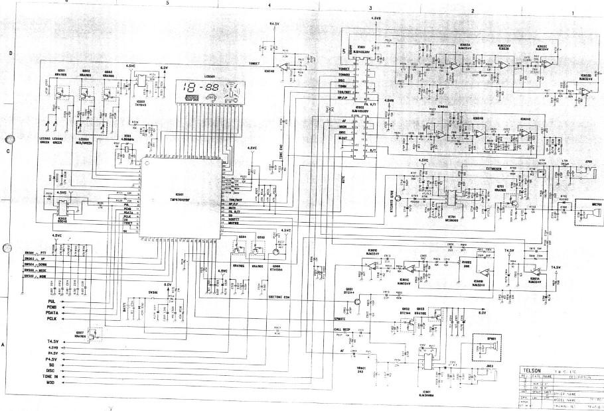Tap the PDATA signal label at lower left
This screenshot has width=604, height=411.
tap(54, 314)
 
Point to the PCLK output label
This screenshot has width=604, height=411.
tap(53, 321)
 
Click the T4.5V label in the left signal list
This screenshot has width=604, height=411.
tap(52, 341)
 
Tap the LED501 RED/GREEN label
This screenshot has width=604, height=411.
tap(85, 141)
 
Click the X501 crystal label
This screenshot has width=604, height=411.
tap(128, 137)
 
